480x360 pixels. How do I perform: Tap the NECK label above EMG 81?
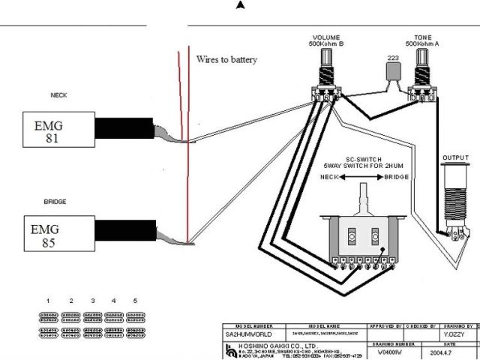58,95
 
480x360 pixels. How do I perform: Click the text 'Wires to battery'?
226,58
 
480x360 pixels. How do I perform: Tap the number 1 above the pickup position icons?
47,301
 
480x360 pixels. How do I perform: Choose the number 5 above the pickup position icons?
136,301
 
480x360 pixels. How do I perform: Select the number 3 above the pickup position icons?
92,301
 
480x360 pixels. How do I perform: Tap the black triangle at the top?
240,5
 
